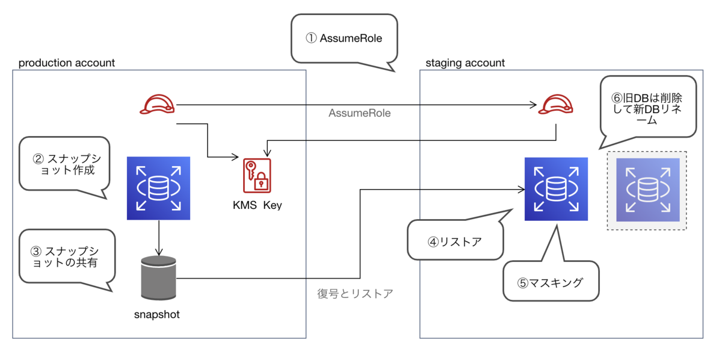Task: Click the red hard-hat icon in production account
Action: pos(157,105)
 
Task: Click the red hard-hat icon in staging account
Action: pos(554,105)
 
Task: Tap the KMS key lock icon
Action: pos(257,176)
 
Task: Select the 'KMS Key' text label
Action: pos(257,205)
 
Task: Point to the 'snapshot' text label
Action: pos(156,314)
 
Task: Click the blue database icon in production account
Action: pos(158,188)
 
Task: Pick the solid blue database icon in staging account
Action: pos(556,189)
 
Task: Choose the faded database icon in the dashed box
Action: pos(647,190)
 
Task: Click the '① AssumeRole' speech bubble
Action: pos(344,39)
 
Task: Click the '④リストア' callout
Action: pos(455,242)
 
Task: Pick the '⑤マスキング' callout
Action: pos(551,281)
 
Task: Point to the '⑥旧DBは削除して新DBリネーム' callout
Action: pos(647,107)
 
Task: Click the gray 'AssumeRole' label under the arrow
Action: pos(359,113)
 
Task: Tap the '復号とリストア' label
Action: pos(355,294)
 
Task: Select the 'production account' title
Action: pos(67,63)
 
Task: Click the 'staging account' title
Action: pos(465,63)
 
